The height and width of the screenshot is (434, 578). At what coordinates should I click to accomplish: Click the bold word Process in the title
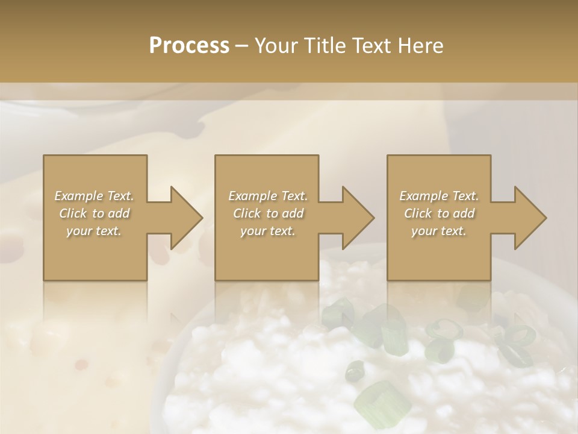click(189, 46)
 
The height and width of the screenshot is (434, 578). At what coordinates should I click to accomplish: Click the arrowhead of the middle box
click(359, 218)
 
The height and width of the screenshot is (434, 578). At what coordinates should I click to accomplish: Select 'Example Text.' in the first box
click(94, 196)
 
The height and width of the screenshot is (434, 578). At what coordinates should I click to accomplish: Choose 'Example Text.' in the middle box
click(267, 196)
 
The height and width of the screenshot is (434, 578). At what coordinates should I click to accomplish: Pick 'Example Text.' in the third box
click(439, 196)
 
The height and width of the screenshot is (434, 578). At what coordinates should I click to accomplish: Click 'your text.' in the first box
click(94, 231)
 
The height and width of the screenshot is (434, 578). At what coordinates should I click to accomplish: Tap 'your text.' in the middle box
click(267, 231)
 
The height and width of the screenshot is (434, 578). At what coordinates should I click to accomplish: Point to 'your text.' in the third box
click(439, 231)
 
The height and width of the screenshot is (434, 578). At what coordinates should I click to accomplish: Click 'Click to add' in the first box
click(94, 213)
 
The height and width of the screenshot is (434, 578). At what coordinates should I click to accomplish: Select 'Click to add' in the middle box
click(267, 213)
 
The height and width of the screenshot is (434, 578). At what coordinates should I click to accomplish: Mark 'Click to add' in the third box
click(439, 213)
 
